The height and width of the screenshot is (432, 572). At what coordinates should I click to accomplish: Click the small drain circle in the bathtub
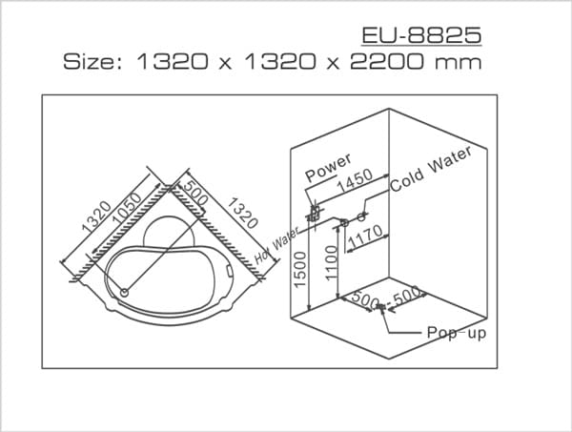coord(123,291)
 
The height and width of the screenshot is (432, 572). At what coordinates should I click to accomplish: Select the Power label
coord(329,167)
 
